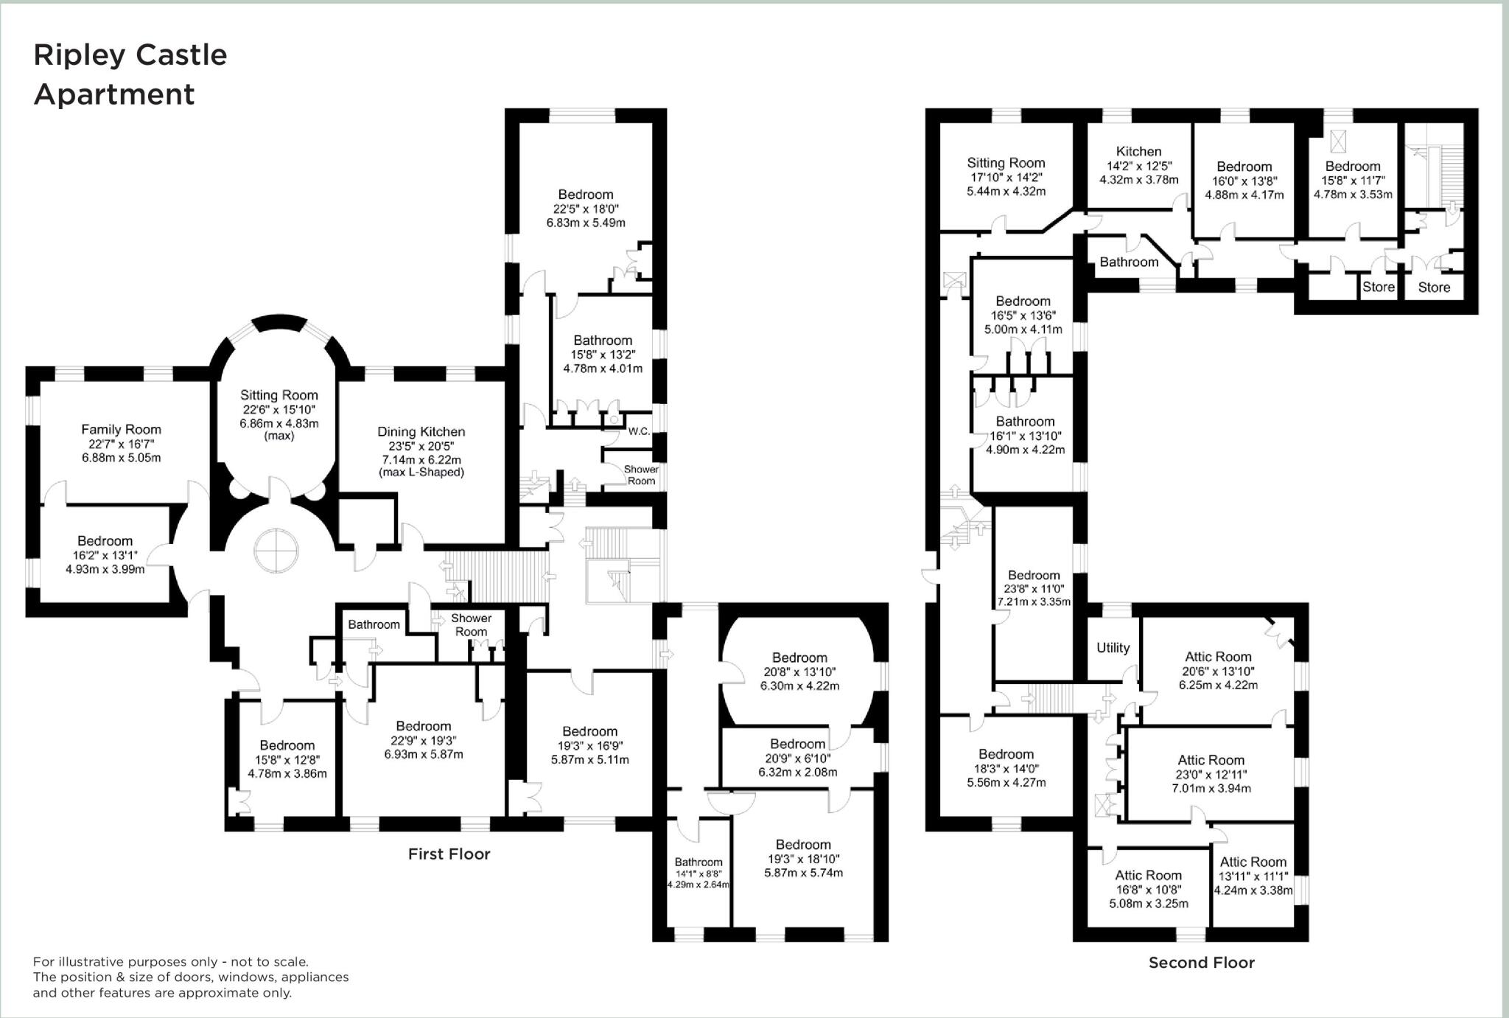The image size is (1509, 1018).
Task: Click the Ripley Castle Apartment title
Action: tap(130, 74)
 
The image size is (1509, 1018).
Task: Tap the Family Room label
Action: tap(121, 429)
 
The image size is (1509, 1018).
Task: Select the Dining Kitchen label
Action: tap(421, 432)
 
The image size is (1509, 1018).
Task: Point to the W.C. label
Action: tap(639, 431)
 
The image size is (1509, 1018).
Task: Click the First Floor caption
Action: tap(449, 854)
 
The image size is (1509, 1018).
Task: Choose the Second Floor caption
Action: tap(1201, 962)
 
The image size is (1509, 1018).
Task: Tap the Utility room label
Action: tap(1113, 647)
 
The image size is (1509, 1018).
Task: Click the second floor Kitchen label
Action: tap(1138, 151)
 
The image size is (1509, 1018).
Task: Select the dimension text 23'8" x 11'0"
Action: tap(1034, 589)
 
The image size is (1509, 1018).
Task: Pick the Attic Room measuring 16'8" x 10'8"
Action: tap(1148, 875)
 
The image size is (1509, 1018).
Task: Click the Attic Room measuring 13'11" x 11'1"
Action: tap(1253, 862)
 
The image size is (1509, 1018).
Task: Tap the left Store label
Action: tap(1378, 287)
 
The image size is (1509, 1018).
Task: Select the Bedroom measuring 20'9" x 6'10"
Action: tap(797, 745)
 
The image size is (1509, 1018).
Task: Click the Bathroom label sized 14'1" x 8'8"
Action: tap(699, 862)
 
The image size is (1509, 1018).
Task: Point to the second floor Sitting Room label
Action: tap(1006, 163)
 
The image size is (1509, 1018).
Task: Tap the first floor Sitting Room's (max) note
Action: tap(279, 436)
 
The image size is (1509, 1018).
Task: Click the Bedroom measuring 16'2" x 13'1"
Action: tap(105, 541)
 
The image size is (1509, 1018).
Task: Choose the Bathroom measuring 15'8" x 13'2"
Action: tap(603, 341)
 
